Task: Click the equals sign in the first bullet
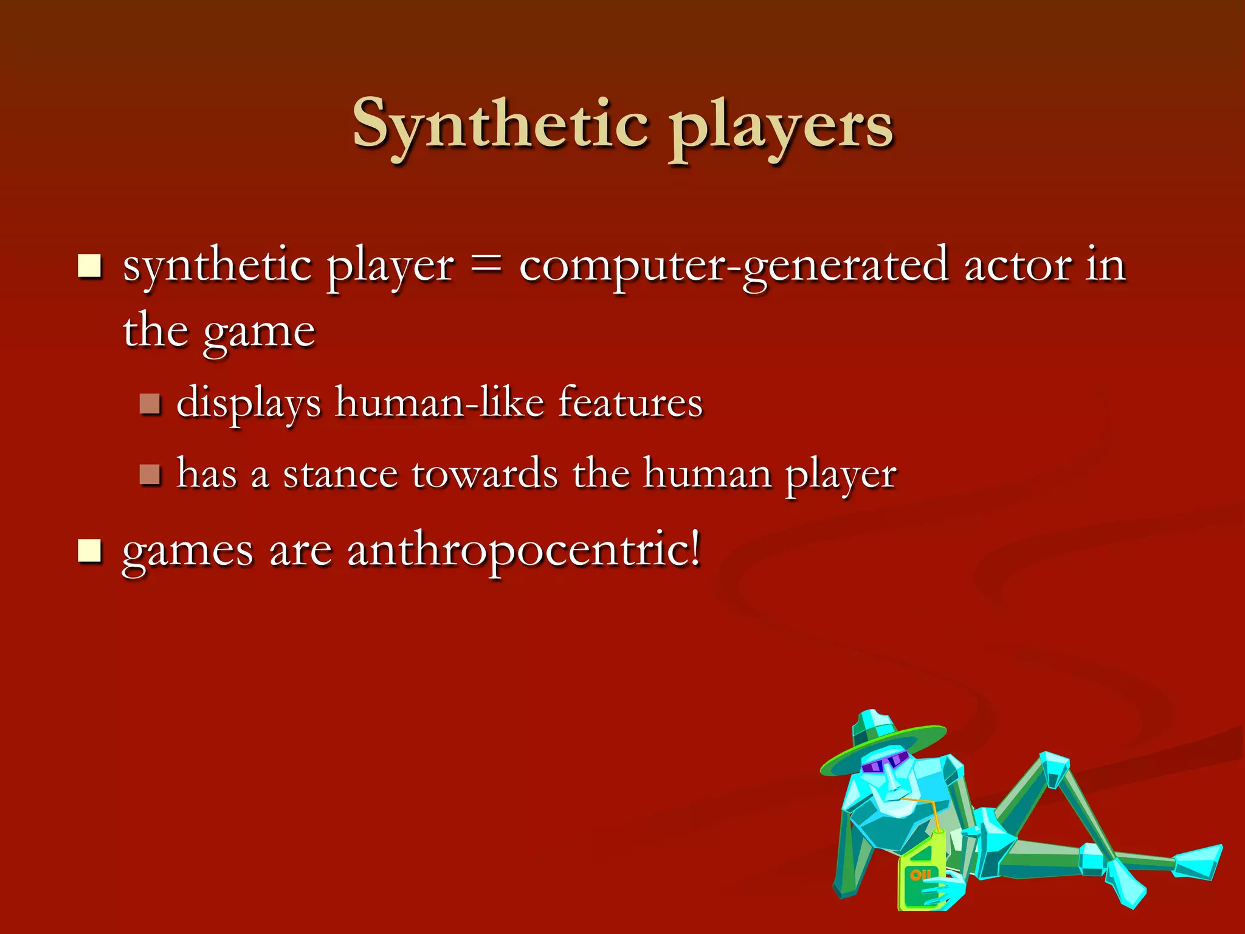tap(486, 266)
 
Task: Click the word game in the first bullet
tap(259, 333)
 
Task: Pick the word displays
tap(248, 404)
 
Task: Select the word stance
tap(340, 474)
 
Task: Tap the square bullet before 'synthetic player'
tap(90, 266)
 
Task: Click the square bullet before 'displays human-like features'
tap(150, 403)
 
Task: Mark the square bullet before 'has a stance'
tap(150, 474)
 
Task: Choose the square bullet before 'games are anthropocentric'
tap(90, 551)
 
